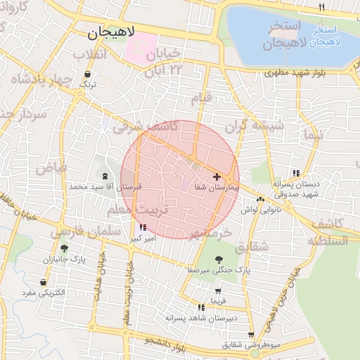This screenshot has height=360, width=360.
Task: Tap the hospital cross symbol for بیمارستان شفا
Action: click(216, 176)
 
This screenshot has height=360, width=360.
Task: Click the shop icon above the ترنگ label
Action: click(88, 74)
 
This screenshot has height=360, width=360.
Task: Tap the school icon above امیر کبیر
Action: click(143, 227)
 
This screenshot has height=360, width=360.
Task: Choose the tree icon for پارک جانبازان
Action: click(65, 248)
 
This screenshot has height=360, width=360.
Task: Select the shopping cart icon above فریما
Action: click(219, 290)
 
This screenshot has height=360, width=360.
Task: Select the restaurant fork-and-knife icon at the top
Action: click(322, 6)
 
